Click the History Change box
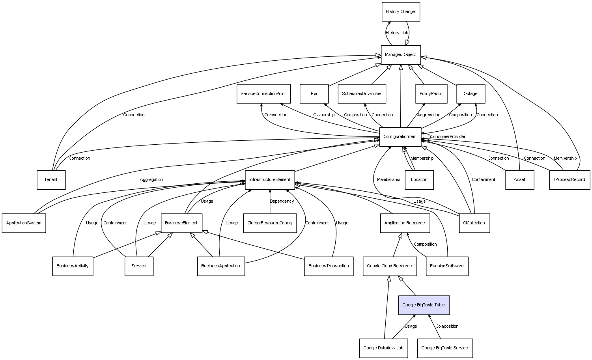click(x=400, y=12)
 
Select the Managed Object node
click(x=400, y=55)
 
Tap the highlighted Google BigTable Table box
click(x=424, y=305)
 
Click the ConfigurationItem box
click(x=400, y=137)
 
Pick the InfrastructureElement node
click(x=270, y=180)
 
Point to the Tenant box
click(x=51, y=180)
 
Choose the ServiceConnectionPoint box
click(x=263, y=94)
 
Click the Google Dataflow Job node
click(x=383, y=348)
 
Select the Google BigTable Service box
click(x=444, y=348)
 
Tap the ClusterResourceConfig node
click(x=269, y=223)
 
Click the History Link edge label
click(x=397, y=33)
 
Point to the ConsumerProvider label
click(x=448, y=137)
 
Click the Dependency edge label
click(x=282, y=201)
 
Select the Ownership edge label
click(x=324, y=115)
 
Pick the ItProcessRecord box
click(x=569, y=180)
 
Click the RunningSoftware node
click(x=447, y=266)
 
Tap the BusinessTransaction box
click(x=329, y=266)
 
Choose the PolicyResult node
click(x=431, y=94)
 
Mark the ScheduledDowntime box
click(x=362, y=94)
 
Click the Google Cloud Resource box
click(x=389, y=266)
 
